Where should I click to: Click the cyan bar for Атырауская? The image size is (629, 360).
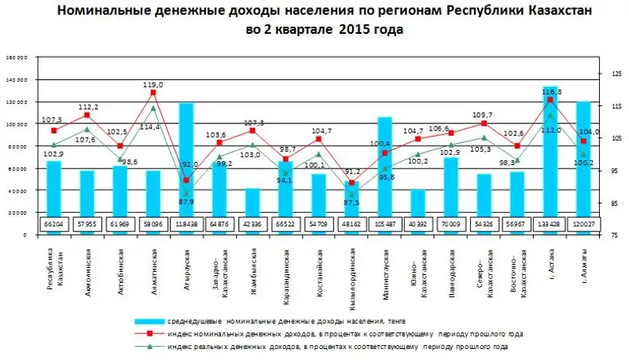(x=186, y=157)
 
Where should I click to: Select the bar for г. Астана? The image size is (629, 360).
(x=550, y=149)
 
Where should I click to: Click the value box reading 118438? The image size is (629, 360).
(x=186, y=223)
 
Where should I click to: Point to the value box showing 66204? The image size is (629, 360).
(x=53, y=223)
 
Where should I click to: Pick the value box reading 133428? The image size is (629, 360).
(x=550, y=223)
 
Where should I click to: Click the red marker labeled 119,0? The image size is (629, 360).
(x=153, y=93)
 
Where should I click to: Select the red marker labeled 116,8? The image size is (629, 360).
(x=550, y=100)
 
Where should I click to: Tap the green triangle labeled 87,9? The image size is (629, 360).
(x=186, y=193)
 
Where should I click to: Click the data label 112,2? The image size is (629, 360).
(x=87, y=107)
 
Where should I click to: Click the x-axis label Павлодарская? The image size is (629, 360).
(x=451, y=266)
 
